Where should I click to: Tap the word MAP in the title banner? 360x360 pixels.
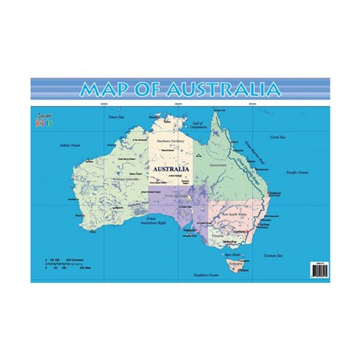pos(105,89)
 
